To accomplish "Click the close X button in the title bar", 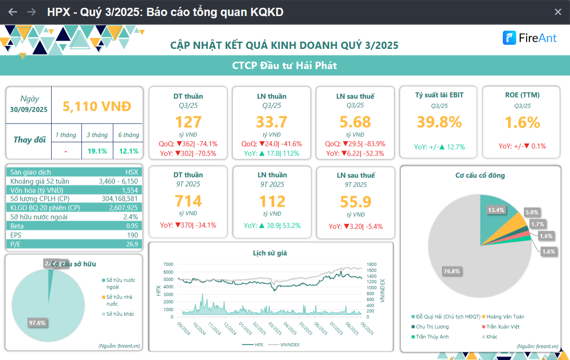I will [558, 12].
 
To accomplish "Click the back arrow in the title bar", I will [13, 12].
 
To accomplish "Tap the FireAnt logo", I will [530, 38].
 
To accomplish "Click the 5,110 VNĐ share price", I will [97, 107].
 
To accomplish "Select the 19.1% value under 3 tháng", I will [97, 151].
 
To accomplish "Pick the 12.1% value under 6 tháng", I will [128, 151].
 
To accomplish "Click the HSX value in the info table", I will [132, 172].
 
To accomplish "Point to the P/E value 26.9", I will [132, 244].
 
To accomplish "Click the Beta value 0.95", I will [132, 226].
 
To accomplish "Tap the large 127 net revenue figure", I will [188, 122].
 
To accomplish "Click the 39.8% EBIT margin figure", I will [439, 122].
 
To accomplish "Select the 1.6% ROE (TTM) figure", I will [522, 122].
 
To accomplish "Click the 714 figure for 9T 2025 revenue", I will [188, 201].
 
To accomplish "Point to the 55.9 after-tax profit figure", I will [356, 201].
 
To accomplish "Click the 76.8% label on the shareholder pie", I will [452, 271].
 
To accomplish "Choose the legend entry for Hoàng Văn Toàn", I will [505, 317].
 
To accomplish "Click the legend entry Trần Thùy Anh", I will [432, 337].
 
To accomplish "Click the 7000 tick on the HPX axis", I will [168, 264].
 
